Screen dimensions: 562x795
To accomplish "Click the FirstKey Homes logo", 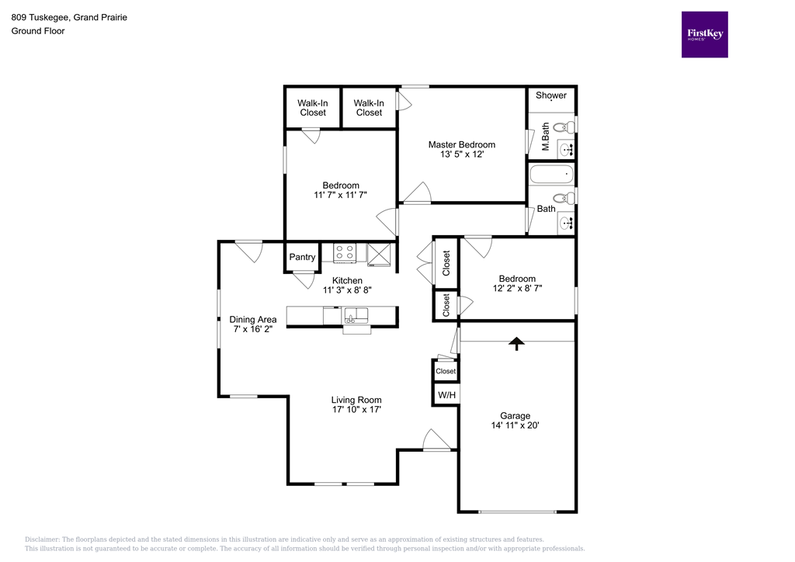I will (704, 34).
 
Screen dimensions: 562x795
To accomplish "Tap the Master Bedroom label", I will (462, 144).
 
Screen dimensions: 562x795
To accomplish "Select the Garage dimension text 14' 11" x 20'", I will (515, 425).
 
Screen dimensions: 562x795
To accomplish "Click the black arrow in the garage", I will (516, 344).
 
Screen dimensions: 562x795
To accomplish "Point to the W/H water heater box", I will (446, 395).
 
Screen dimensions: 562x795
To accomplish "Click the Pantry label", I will (302, 257).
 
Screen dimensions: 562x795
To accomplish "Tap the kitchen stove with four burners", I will (345, 252).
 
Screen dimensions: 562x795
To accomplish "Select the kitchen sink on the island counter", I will (357, 315).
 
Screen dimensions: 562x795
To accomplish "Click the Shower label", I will (551, 95).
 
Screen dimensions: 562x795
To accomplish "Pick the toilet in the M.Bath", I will (569, 124).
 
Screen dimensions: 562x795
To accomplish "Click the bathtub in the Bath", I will (550, 175).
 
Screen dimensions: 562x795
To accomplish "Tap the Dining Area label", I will (253, 319).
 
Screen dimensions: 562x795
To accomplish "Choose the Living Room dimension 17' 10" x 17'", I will (356, 409).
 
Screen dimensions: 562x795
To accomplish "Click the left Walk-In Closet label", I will (313, 107).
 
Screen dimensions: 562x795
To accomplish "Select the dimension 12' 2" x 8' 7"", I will (517, 289).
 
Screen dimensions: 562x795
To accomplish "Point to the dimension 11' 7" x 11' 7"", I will (341, 195).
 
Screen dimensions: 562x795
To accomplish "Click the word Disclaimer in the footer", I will (43, 539).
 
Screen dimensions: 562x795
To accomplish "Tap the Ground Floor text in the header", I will (37, 31).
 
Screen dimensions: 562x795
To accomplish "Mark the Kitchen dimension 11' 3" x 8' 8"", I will (347, 290).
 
